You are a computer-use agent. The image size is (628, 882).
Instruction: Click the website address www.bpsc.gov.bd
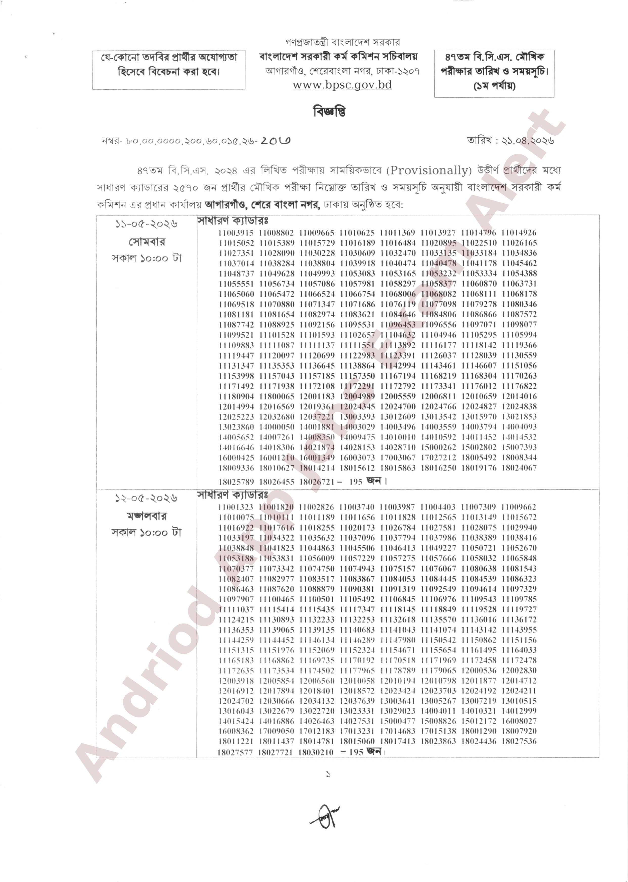click(x=342, y=85)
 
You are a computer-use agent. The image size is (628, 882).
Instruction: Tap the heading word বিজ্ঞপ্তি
click(x=329, y=112)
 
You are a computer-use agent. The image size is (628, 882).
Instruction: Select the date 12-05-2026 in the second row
click(x=146, y=498)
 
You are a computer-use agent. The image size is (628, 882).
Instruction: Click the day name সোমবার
click(x=147, y=242)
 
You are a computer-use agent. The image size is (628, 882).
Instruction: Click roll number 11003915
click(x=236, y=233)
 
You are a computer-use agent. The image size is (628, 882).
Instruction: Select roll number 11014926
click(x=519, y=233)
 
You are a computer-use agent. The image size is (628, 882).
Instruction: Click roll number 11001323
click(x=236, y=507)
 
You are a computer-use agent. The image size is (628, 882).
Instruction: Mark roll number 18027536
click(x=519, y=741)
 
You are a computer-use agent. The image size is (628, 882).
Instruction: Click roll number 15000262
click(x=438, y=447)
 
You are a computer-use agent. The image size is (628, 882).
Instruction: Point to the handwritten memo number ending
click(x=275, y=141)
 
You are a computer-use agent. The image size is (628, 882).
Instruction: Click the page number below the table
click(x=328, y=774)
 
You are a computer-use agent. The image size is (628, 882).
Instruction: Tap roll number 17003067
click(x=398, y=458)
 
